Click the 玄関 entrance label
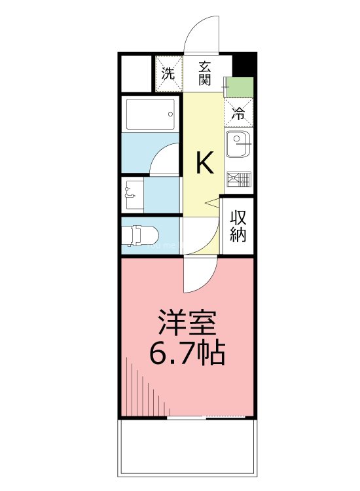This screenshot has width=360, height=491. [x=205, y=73]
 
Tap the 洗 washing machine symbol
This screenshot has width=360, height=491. [x=168, y=73]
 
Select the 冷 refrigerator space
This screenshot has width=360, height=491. [x=239, y=112]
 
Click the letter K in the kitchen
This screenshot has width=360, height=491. [x=205, y=163]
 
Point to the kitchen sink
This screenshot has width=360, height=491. [x=236, y=144]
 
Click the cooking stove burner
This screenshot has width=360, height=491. [x=239, y=179]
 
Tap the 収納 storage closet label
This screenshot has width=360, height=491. [x=238, y=226]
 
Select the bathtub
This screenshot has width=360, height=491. [x=151, y=114]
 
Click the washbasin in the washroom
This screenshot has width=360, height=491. [x=132, y=193]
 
